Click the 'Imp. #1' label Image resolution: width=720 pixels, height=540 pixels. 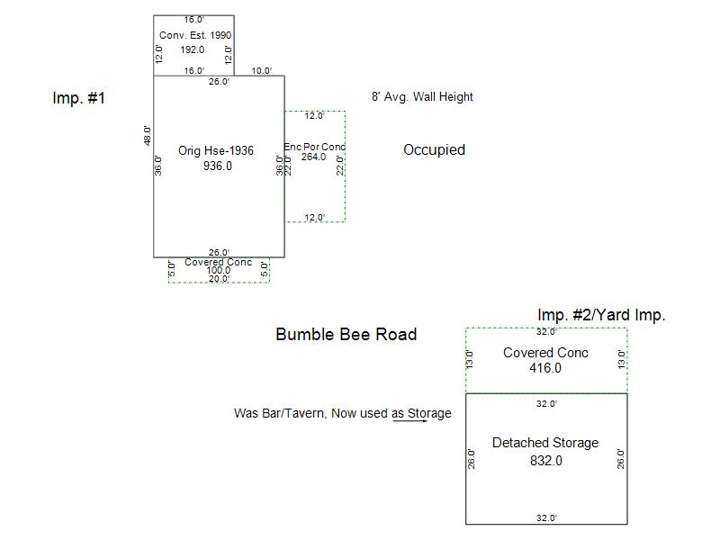[x=79, y=98]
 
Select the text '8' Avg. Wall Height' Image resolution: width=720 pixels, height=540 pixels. [x=422, y=97]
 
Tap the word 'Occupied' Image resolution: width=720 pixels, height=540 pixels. [x=434, y=150]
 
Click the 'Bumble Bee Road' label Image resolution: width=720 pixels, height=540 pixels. [x=346, y=335]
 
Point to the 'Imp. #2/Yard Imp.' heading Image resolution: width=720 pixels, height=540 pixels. [x=601, y=315]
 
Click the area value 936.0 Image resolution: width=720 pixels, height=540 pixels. [x=218, y=166]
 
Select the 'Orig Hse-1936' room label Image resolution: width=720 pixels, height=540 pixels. [x=216, y=151]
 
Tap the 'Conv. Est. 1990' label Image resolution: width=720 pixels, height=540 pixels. [x=195, y=35]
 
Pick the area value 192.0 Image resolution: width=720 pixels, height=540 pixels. [x=193, y=49]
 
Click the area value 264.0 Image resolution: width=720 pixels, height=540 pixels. [x=313, y=157]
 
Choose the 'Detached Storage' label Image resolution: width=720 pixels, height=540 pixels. [x=545, y=443]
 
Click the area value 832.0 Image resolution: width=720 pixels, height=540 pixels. [x=546, y=461]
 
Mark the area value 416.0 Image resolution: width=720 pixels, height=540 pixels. [x=545, y=368]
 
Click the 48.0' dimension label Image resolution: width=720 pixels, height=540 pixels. [x=147, y=136]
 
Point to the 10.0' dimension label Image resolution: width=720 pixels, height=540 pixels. [x=262, y=71]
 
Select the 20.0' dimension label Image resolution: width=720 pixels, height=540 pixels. [x=219, y=279]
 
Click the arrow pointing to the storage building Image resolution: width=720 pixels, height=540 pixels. [x=409, y=419]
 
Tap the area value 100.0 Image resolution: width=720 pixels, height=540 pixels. [x=219, y=271]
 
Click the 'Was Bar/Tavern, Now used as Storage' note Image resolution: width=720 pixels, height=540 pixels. [x=342, y=413]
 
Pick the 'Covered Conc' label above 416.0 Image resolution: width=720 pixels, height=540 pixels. [x=545, y=353]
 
